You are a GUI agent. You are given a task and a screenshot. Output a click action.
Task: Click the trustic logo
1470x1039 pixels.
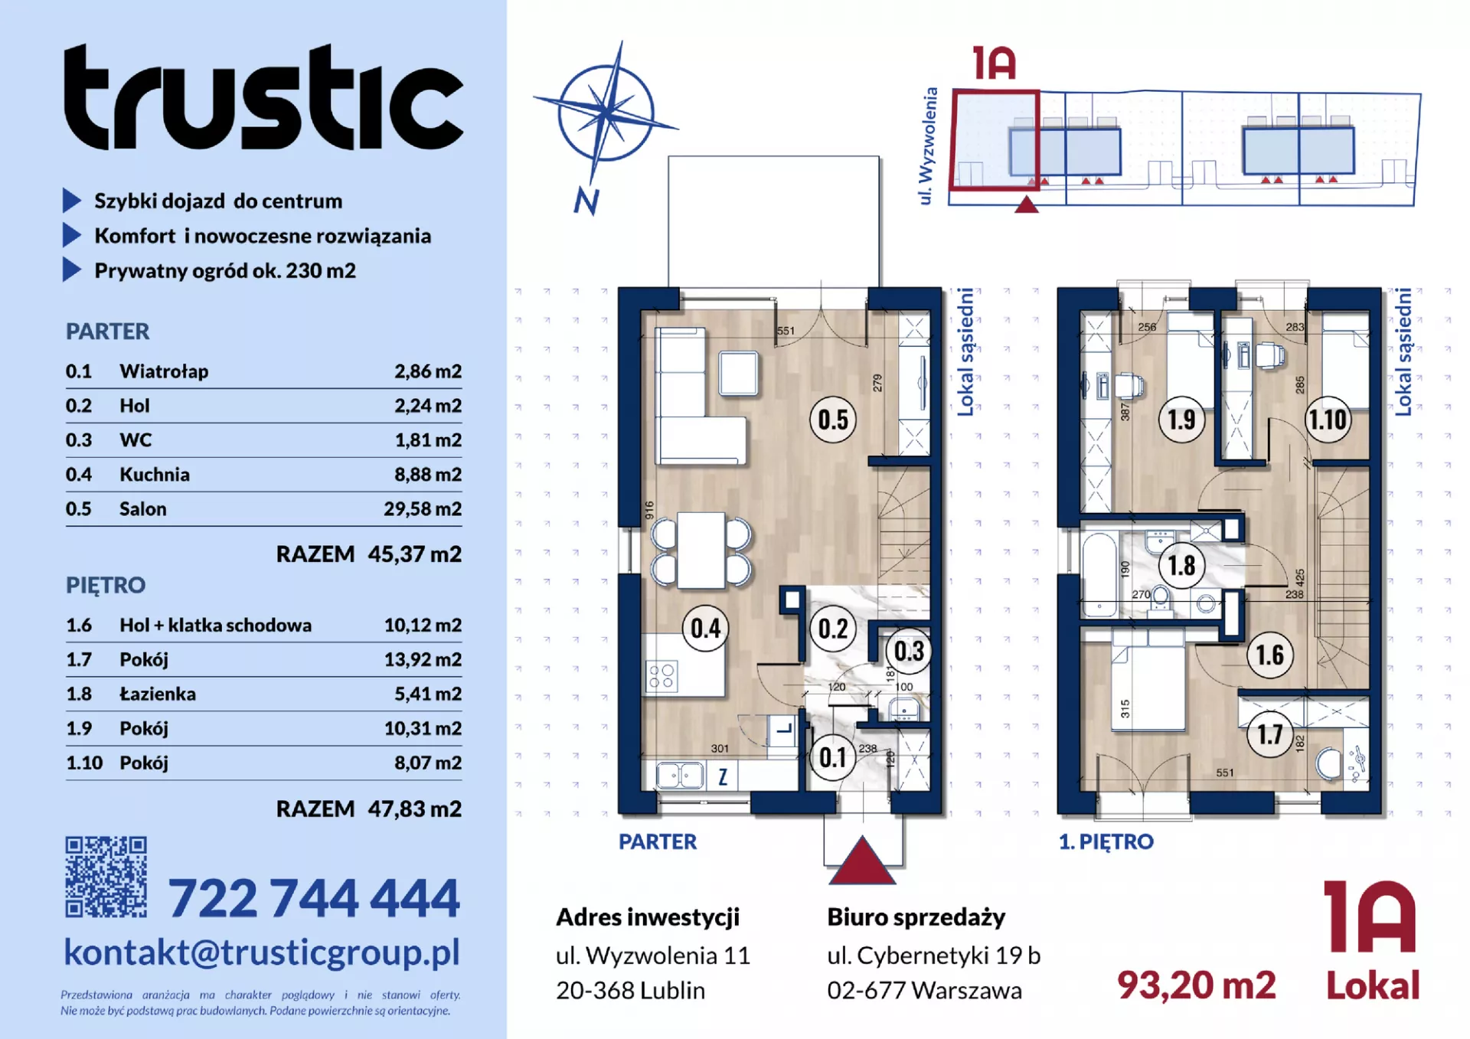(x=263, y=96)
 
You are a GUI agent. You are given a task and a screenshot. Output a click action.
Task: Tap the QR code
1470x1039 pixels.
(x=106, y=877)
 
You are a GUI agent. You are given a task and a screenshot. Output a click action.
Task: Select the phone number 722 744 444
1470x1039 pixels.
(x=314, y=897)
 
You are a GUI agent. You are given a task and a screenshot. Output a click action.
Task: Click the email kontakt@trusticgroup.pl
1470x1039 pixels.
(x=262, y=952)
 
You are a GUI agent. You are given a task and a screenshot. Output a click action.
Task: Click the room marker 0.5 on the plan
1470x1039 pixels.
(x=833, y=420)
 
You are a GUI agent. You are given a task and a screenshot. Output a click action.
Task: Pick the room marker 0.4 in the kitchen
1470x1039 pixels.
(x=705, y=629)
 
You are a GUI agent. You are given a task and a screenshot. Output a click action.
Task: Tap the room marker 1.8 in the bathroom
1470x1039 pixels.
(x=1181, y=566)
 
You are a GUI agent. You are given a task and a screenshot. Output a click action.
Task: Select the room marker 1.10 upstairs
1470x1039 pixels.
(x=1328, y=420)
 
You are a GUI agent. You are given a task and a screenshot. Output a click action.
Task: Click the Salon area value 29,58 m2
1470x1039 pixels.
(x=423, y=509)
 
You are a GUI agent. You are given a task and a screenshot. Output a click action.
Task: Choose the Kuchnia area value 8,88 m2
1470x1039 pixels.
(x=428, y=475)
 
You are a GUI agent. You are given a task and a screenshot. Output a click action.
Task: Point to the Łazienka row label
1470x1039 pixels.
(x=158, y=694)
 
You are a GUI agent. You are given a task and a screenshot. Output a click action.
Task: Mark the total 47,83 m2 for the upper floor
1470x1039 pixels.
(x=414, y=809)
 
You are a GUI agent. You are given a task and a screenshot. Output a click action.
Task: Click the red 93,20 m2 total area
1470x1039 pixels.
(x=1197, y=985)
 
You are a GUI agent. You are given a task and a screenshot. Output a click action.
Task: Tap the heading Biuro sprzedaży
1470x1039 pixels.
(x=916, y=917)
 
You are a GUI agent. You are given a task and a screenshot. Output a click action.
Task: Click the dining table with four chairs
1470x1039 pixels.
(x=701, y=551)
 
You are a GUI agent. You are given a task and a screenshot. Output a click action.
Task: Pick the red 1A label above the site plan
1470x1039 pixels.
(x=995, y=63)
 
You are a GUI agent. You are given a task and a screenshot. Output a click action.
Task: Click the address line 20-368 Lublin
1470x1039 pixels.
(x=630, y=991)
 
